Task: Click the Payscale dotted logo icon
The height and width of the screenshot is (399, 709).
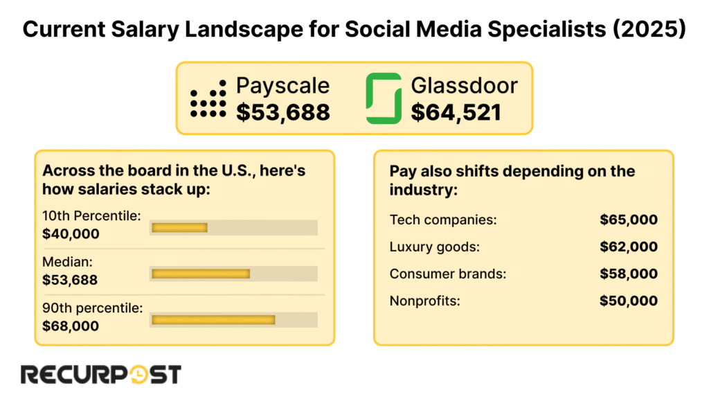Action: click(208, 98)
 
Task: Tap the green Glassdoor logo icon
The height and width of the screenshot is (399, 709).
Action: click(384, 98)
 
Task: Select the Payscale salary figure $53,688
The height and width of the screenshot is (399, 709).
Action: click(282, 112)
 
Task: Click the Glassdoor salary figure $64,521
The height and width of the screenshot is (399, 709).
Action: click(456, 112)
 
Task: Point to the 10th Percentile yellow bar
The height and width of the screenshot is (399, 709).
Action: click(179, 227)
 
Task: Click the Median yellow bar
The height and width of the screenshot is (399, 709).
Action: click(201, 274)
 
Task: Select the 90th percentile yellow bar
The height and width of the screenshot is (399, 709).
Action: click(213, 319)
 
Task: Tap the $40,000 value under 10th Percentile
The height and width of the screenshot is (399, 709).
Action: click(71, 234)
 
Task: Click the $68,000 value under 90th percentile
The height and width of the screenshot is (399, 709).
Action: click(71, 326)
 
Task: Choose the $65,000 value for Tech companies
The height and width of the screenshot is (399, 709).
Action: click(628, 220)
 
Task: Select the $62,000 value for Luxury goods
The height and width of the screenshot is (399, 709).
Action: click(628, 247)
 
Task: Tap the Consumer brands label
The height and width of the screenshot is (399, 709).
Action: click(448, 274)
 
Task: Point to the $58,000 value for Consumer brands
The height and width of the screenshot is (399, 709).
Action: click(628, 274)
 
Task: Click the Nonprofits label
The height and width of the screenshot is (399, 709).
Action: click(424, 301)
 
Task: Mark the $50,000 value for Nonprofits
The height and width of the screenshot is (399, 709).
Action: click(628, 301)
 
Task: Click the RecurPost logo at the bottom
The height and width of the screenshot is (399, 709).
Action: click(101, 375)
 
